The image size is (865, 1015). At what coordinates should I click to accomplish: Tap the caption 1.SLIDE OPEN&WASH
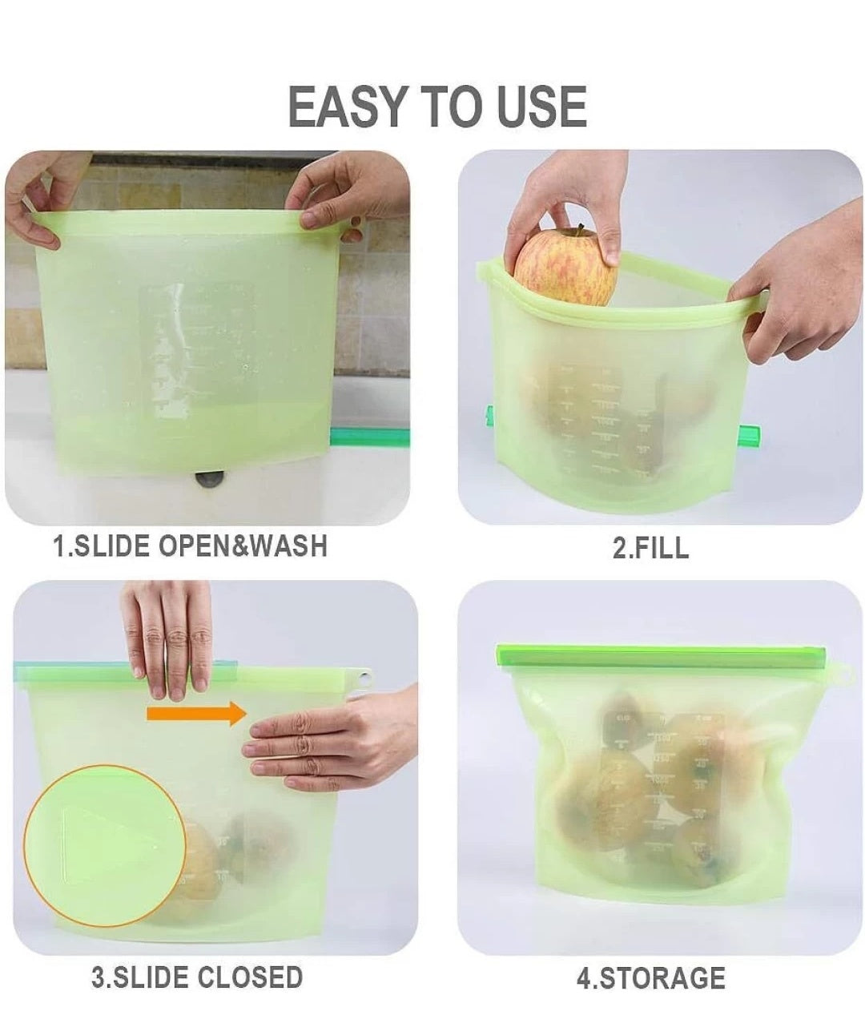coord(190,546)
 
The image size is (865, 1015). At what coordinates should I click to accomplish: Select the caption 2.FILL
coord(650,548)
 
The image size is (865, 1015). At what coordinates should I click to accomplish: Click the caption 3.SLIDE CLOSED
coord(197,977)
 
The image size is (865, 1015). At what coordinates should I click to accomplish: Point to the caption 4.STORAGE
coord(650,978)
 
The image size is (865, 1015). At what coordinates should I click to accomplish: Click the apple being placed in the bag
coord(565,266)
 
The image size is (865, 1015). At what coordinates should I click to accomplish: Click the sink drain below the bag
coord(211,479)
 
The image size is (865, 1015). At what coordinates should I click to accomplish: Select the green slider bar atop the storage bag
coord(662,656)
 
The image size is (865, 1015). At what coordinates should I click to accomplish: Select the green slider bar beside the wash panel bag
coord(369,437)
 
